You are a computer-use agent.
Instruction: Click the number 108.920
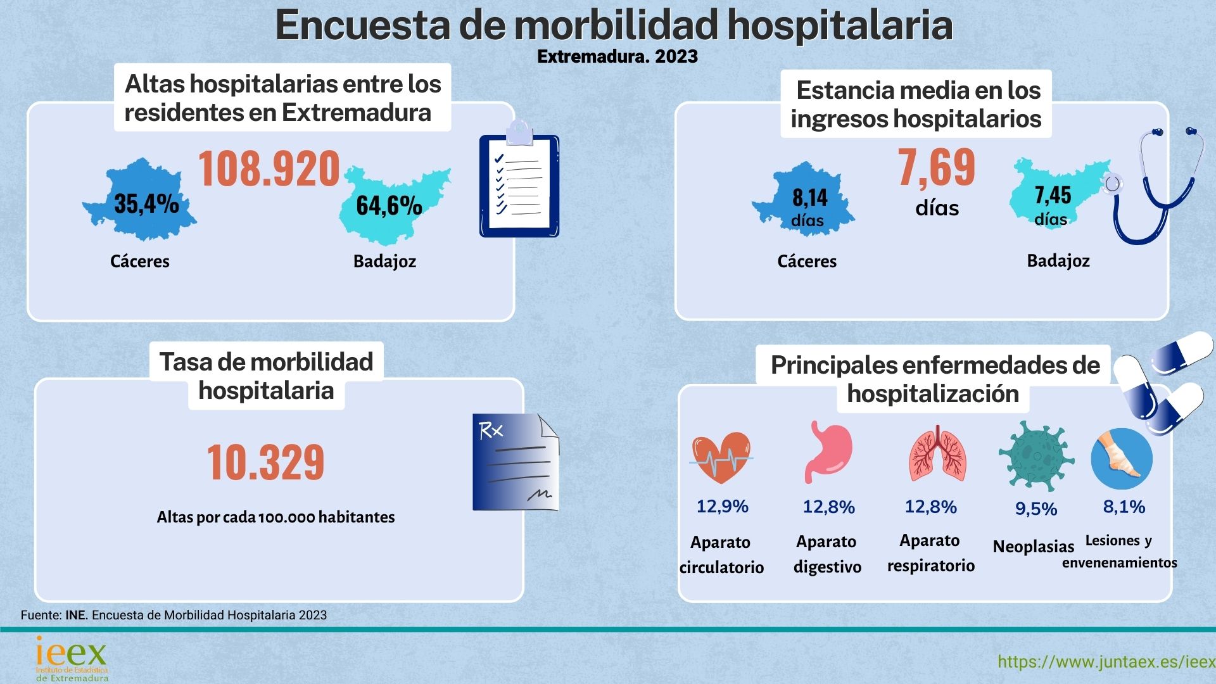click(269, 169)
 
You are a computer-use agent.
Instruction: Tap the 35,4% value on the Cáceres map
click(146, 204)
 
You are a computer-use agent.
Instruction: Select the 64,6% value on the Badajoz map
click(389, 205)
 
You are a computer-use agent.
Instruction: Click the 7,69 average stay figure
click(937, 168)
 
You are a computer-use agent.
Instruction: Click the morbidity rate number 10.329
click(265, 462)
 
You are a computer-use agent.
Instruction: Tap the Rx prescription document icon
click(516, 462)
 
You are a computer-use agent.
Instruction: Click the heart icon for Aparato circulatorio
click(721, 457)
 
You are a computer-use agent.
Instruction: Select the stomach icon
click(828, 452)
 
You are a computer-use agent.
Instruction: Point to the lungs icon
click(937, 454)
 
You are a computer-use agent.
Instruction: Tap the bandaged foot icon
click(1122, 457)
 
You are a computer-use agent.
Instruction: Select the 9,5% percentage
click(1036, 509)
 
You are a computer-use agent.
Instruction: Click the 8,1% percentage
click(1124, 507)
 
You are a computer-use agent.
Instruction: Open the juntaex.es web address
click(1106, 662)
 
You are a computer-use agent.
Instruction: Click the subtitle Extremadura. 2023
click(617, 56)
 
